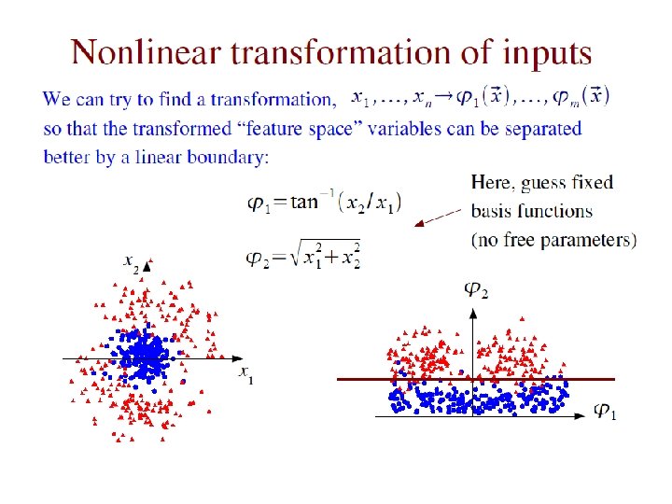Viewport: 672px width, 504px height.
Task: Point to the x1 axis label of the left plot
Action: pos(245,375)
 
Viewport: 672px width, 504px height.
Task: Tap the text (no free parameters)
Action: pos(554,240)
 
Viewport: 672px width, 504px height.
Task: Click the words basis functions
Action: pos(531,211)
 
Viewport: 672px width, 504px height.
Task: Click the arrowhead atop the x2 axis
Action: pos(147,265)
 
